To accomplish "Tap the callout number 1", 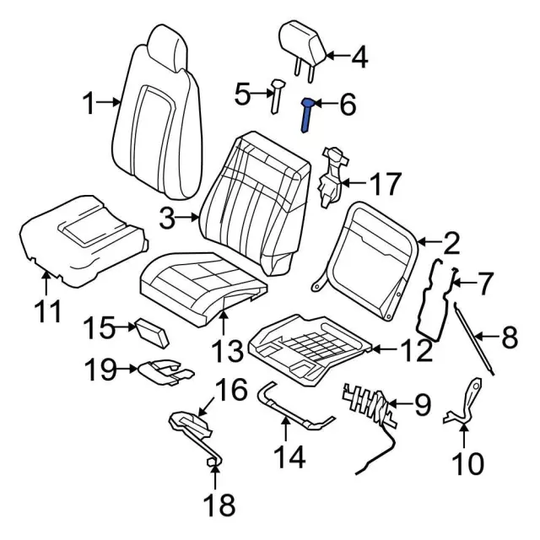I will [x=89, y=105].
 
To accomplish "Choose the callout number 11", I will [x=48, y=312].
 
